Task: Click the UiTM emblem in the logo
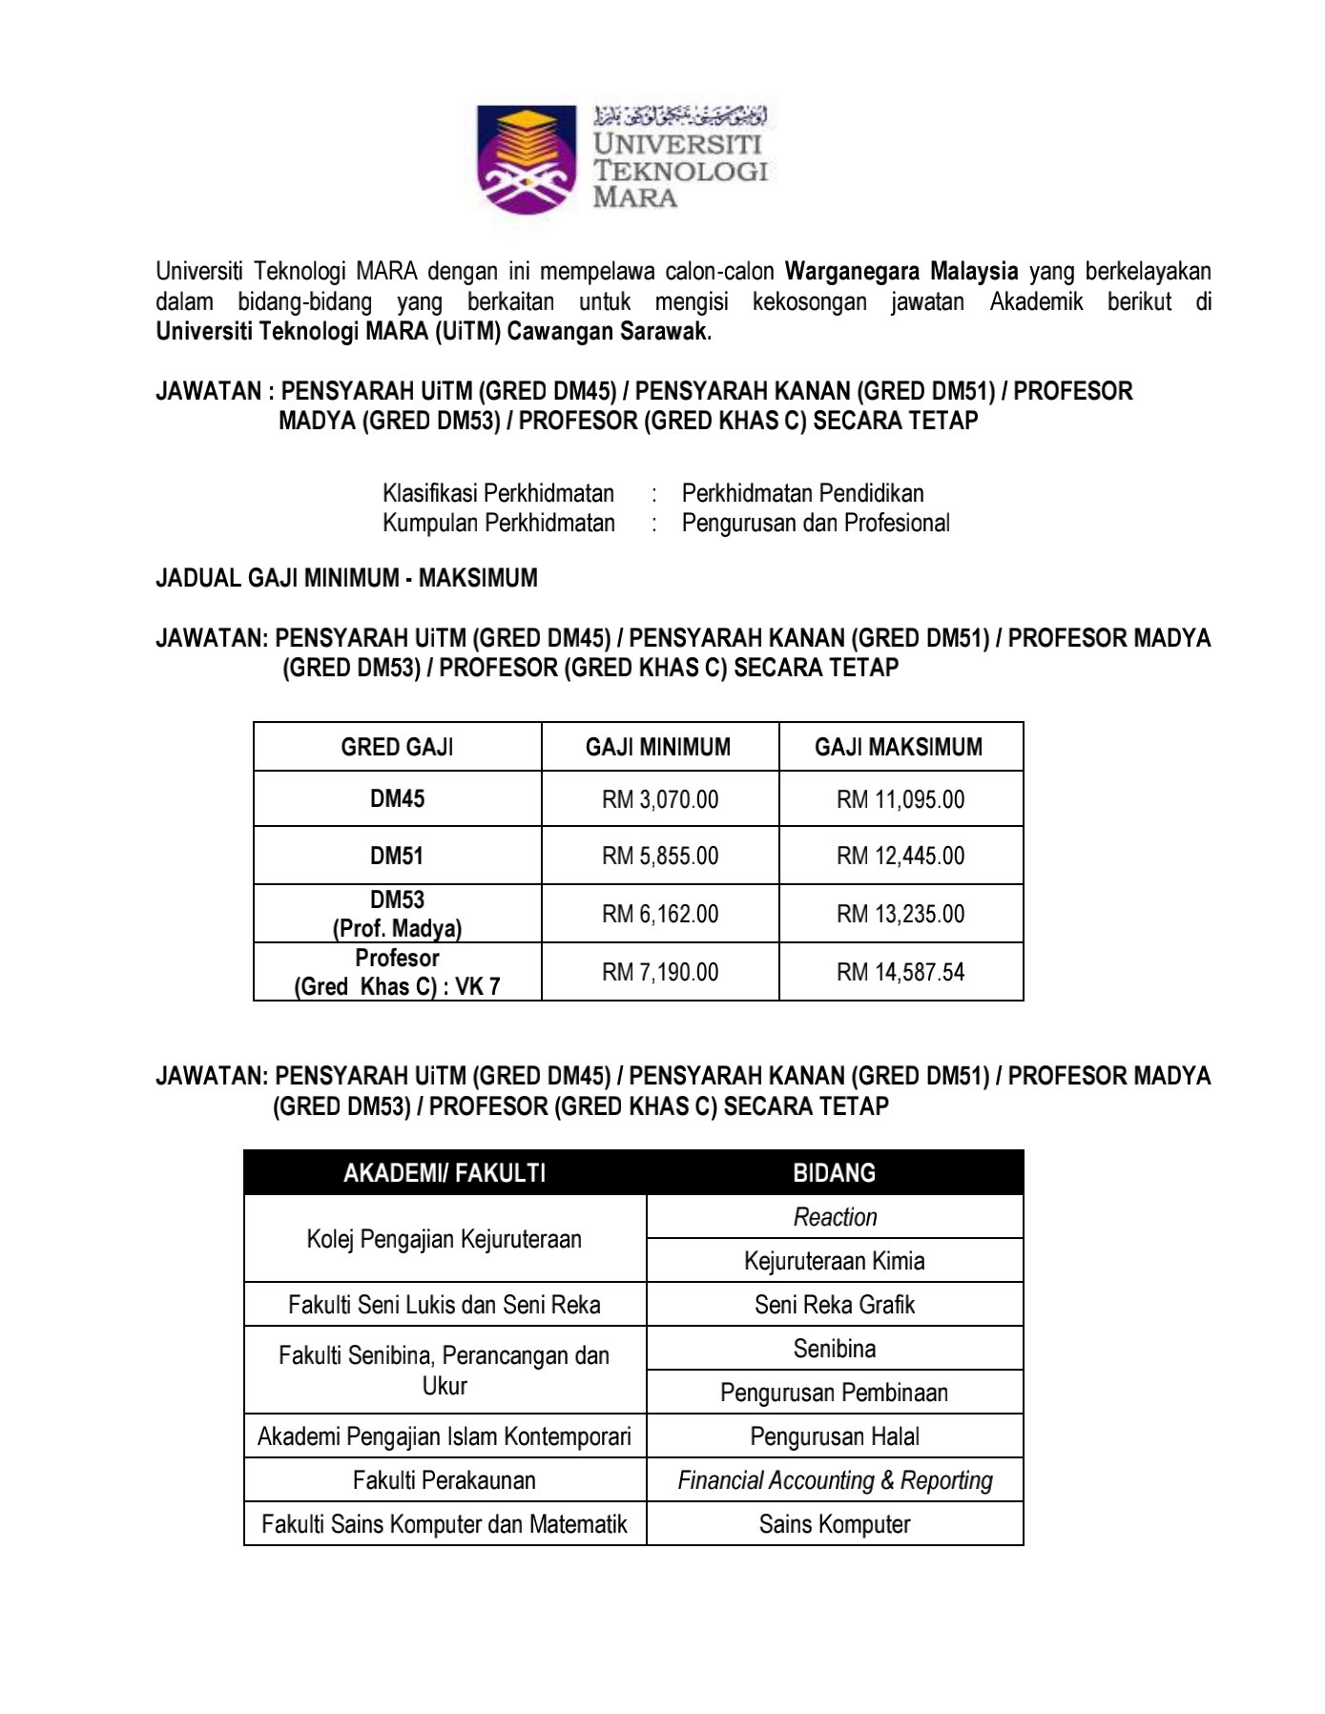click(526, 158)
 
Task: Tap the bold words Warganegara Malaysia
click(901, 272)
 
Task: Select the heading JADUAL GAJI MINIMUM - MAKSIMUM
click(346, 578)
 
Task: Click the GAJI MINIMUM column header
click(658, 747)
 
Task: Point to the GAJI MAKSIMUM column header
click(899, 747)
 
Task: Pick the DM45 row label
click(397, 799)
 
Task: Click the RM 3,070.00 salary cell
click(660, 799)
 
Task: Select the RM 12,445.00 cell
click(901, 856)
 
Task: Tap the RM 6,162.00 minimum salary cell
click(660, 914)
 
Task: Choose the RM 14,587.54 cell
click(901, 972)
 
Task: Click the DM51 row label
click(397, 856)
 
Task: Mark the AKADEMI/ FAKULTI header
click(445, 1172)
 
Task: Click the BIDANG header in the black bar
click(835, 1172)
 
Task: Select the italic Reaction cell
click(835, 1217)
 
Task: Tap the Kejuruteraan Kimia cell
click(835, 1261)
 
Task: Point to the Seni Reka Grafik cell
click(835, 1305)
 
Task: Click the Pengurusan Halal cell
click(835, 1436)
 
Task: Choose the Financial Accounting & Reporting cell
click(835, 1480)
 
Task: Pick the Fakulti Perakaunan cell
click(445, 1480)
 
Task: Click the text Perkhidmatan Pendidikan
click(802, 493)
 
